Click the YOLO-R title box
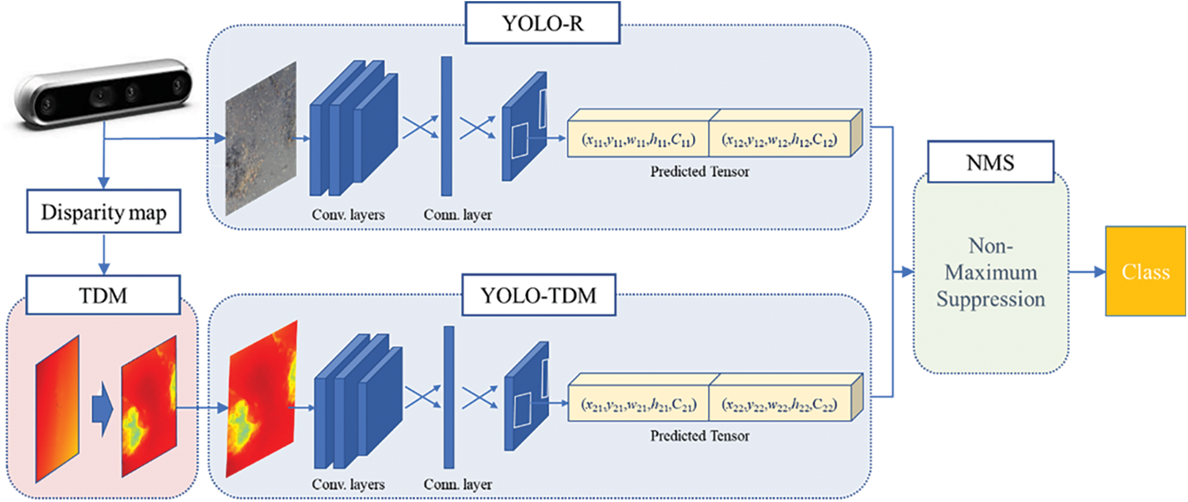point(542,23)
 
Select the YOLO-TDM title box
point(539,295)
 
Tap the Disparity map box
point(103,212)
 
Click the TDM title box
point(103,295)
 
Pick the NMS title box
point(990,162)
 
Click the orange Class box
point(1145,271)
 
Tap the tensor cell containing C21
point(638,405)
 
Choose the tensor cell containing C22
point(779,405)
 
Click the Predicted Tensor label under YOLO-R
point(700,172)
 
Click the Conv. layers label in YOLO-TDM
point(348,485)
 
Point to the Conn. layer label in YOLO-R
point(457,215)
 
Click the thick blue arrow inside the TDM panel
point(102,409)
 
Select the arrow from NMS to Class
point(1087,271)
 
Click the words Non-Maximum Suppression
point(990,273)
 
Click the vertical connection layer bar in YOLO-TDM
point(449,397)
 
